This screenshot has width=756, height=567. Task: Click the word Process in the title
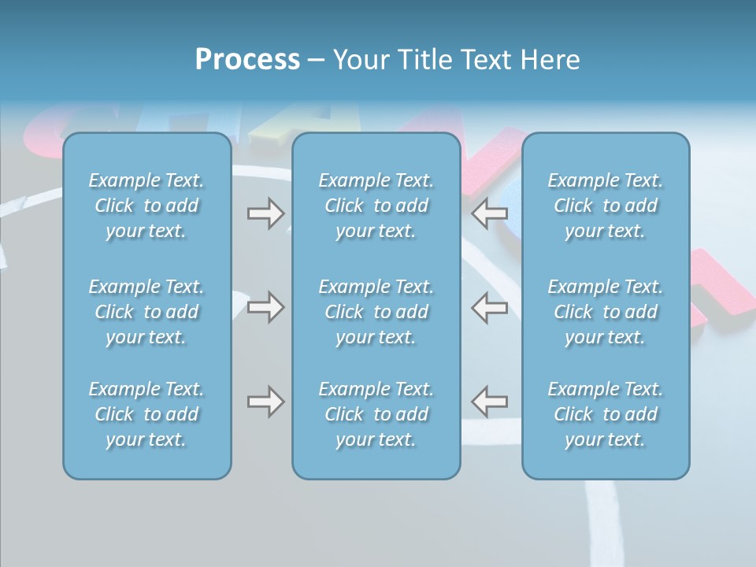247,60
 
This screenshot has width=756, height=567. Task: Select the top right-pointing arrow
265,213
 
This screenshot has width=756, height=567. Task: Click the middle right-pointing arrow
265,307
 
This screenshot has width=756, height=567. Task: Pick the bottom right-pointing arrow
265,402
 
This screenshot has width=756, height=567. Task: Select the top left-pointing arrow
490,213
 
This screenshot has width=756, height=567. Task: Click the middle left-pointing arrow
490,307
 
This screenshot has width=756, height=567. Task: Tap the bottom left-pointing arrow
490,402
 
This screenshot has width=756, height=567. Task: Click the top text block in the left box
146,206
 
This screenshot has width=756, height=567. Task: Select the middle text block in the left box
146,312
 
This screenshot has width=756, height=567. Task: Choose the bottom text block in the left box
146,414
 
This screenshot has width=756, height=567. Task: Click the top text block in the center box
376,206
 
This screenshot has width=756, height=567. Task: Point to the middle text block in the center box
376,312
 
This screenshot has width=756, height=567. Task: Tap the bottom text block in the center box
376,414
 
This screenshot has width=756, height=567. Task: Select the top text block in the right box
606,206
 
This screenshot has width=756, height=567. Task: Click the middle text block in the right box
606,312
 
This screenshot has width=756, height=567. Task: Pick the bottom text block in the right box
606,414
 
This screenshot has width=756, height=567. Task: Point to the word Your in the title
358,60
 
